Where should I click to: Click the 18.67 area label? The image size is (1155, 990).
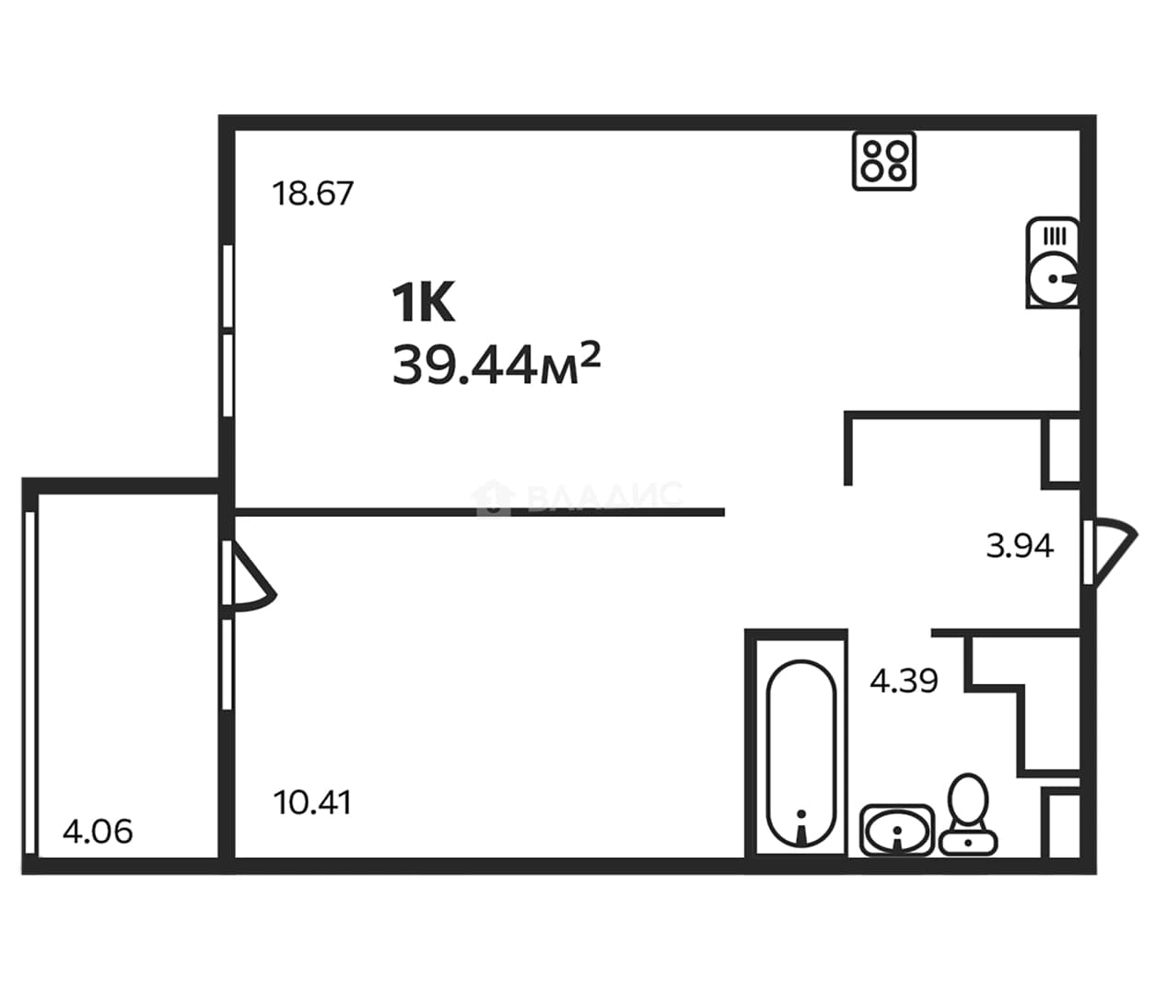[x=312, y=194]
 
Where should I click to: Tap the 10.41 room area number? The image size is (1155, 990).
[x=312, y=803]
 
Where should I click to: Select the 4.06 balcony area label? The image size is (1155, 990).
[x=98, y=832]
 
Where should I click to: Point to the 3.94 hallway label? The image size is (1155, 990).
[x=1020, y=546]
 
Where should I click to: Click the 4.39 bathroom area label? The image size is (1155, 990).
[x=904, y=681]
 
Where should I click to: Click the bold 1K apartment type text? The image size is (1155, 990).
[x=424, y=302]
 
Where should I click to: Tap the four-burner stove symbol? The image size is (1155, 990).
[x=884, y=161]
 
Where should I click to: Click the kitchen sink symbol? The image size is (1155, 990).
[x=1053, y=262]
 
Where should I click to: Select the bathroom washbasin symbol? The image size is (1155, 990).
[x=897, y=830]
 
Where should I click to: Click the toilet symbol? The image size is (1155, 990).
[x=968, y=815]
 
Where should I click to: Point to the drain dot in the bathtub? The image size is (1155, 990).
[x=802, y=813]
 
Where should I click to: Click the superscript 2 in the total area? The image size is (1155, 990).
[x=591, y=353]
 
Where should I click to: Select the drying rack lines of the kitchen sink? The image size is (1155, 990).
[x=1055, y=237]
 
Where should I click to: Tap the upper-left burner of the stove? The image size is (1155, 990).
[x=871, y=150]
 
